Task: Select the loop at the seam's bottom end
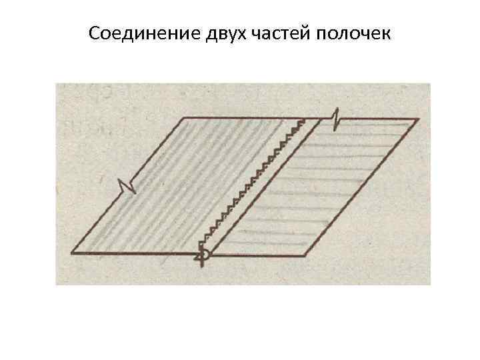[x=205, y=255]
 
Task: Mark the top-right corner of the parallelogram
[x=418, y=119]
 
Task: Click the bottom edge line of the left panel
[x=133, y=253]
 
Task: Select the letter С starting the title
[x=93, y=33]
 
